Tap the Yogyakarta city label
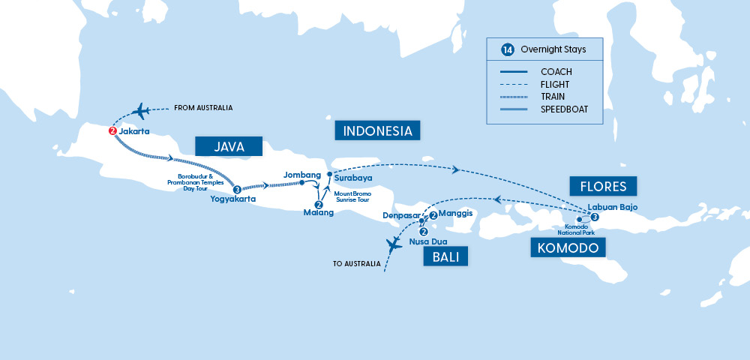click(x=233, y=199)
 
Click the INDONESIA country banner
click(x=377, y=131)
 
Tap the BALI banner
click(x=445, y=258)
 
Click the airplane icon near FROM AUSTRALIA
click(x=140, y=111)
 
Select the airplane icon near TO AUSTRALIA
click(x=393, y=244)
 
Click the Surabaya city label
click(x=352, y=178)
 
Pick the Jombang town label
click(x=298, y=174)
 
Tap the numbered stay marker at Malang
click(x=318, y=204)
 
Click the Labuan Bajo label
click(x=613, y=207)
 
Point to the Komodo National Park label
click(x=578, y=229)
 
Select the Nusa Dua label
click(x=426, y=242)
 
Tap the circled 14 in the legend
click(x=508, y=50)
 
